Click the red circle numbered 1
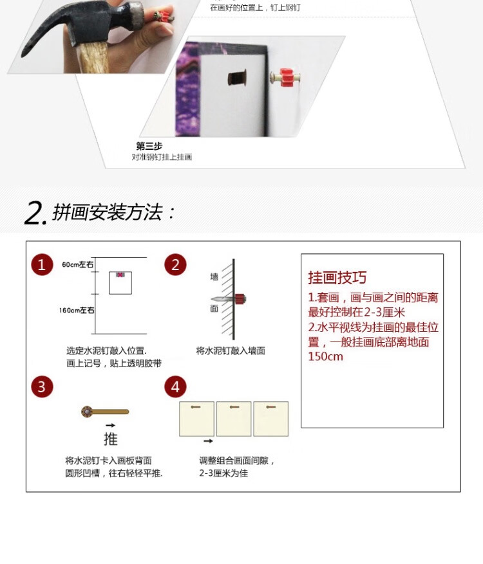(43, 264)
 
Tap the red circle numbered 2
(175, 264)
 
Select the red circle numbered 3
(43, 387)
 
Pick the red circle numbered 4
(175, 387)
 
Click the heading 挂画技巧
(337, 278)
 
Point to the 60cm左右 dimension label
(78, 265)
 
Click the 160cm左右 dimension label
(77, 311)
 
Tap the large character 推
(111, 439)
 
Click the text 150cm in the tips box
(326, 356)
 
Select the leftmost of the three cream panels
(196, 419)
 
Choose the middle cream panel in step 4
(233, 419)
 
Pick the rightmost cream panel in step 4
(270, 419)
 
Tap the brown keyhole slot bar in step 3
(106, 412)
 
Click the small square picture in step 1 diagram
(120, 282)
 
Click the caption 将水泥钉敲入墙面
(231, 350)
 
